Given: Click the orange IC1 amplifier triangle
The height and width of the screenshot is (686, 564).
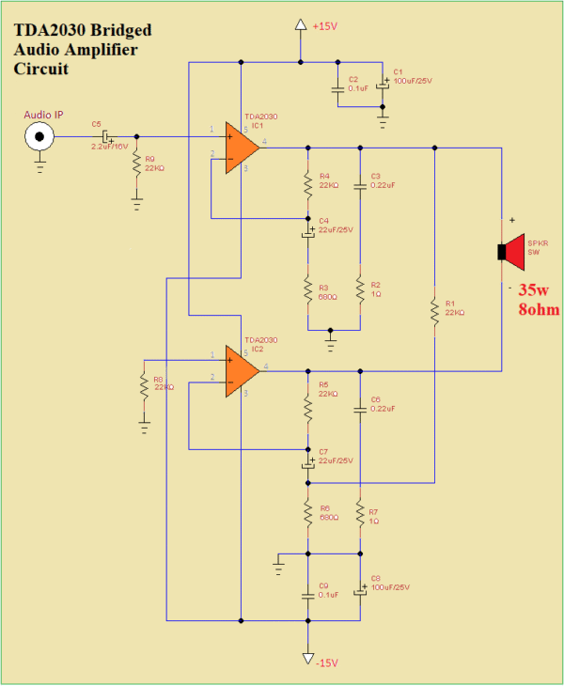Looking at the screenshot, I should (242, 148).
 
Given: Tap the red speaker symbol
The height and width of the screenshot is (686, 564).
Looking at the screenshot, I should (513, 251).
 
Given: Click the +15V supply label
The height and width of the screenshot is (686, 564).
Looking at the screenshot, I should (323, 25).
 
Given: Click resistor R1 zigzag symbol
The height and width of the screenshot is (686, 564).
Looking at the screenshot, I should (435, 314).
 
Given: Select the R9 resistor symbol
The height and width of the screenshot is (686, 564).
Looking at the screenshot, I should (137, 164).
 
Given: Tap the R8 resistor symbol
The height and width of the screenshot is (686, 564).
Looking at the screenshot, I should (144, 385).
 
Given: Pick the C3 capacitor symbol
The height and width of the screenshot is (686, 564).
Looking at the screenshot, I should (360, 186).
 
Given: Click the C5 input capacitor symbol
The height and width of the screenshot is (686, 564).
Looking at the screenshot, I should (106, 137).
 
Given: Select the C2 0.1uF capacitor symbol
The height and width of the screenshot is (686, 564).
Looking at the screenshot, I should (337, 90).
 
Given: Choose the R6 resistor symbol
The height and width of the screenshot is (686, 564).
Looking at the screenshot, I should (307, 513).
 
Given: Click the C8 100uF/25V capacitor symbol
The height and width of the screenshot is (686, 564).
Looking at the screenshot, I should (360, 592).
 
